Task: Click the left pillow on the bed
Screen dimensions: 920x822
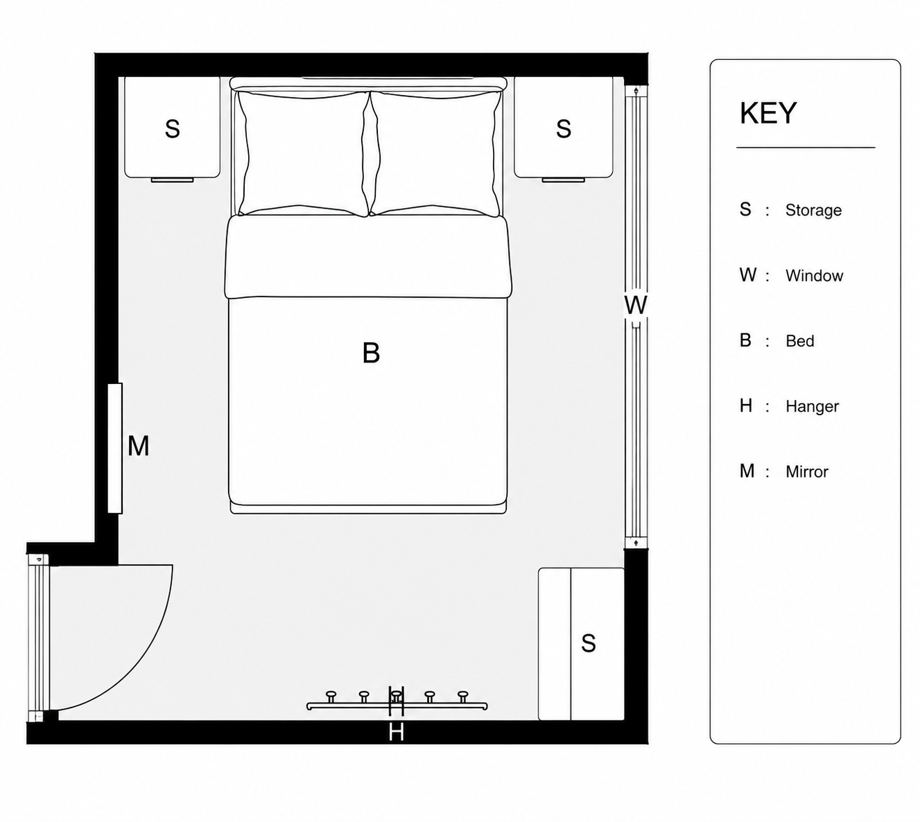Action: tap(304, 153)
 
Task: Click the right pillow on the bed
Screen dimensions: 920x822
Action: tap(435, 153)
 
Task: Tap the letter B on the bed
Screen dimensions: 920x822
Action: tap(370, 353)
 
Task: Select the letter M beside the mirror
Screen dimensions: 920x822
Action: tap(138, 446)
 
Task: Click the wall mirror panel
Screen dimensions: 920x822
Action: tap(115, 448)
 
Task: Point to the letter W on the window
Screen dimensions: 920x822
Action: tap(635, 305)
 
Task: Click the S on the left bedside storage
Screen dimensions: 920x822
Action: tap(172, 128)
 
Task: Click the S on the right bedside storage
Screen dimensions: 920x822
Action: tap(563, 128)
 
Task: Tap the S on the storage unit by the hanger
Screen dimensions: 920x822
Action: tap(588, 643)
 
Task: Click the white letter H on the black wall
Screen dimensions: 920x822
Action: tap(396, 732)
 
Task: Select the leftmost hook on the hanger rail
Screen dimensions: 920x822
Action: tap(331, 696)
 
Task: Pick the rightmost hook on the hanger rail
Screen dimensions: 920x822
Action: tap(462, 696)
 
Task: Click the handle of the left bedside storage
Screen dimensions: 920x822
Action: tap(172, 180)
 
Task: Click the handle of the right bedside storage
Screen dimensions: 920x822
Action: tap(563, 180)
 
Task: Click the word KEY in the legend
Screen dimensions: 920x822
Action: tap(768, 113)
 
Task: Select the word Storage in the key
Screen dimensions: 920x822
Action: tap(813, 210)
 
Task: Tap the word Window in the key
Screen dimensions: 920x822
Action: tap(814, 276)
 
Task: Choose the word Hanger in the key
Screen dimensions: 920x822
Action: tap(812, 406)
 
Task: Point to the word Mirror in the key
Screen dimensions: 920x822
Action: tap(807, 471)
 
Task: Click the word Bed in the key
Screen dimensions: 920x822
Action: tap(799, 341)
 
